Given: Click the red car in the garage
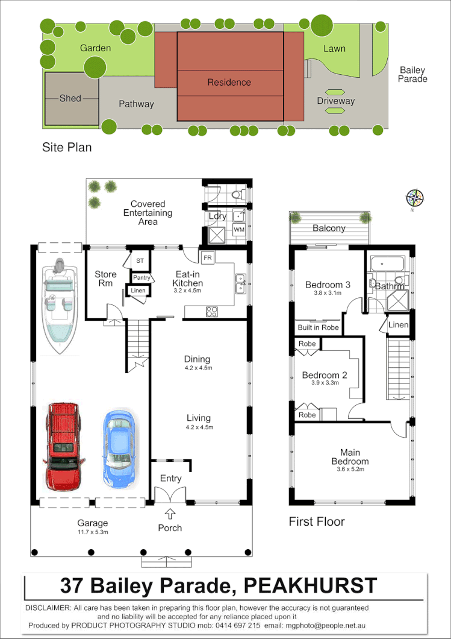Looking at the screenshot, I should pyautogui.click(x=63, y=445).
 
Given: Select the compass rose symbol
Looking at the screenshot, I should pyautogui.click(x=415, y=198).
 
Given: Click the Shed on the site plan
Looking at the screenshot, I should pyautogui.click(x=71, y=98).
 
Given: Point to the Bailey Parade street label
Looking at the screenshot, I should pyautogui.click(x=412, y=75).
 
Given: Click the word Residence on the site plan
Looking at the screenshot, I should pyautogui.click(x=229, y=83).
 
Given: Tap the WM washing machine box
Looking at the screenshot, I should pyautogui.click(x=238, y=230).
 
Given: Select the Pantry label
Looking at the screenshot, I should pyautogui.click(x=142, y=277).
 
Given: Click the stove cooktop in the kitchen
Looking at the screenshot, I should pyautogui.click(x=213, y=312).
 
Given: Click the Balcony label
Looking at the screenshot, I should pyautogui.click(x=329, y=228).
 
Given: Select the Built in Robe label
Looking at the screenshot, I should pyautogui.click(x=318, y=327).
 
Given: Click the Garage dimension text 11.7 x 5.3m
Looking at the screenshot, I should pyautogui.click(x=92, y=532).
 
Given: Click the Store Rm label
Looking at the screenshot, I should pyautogui.click(x=105, y=279).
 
